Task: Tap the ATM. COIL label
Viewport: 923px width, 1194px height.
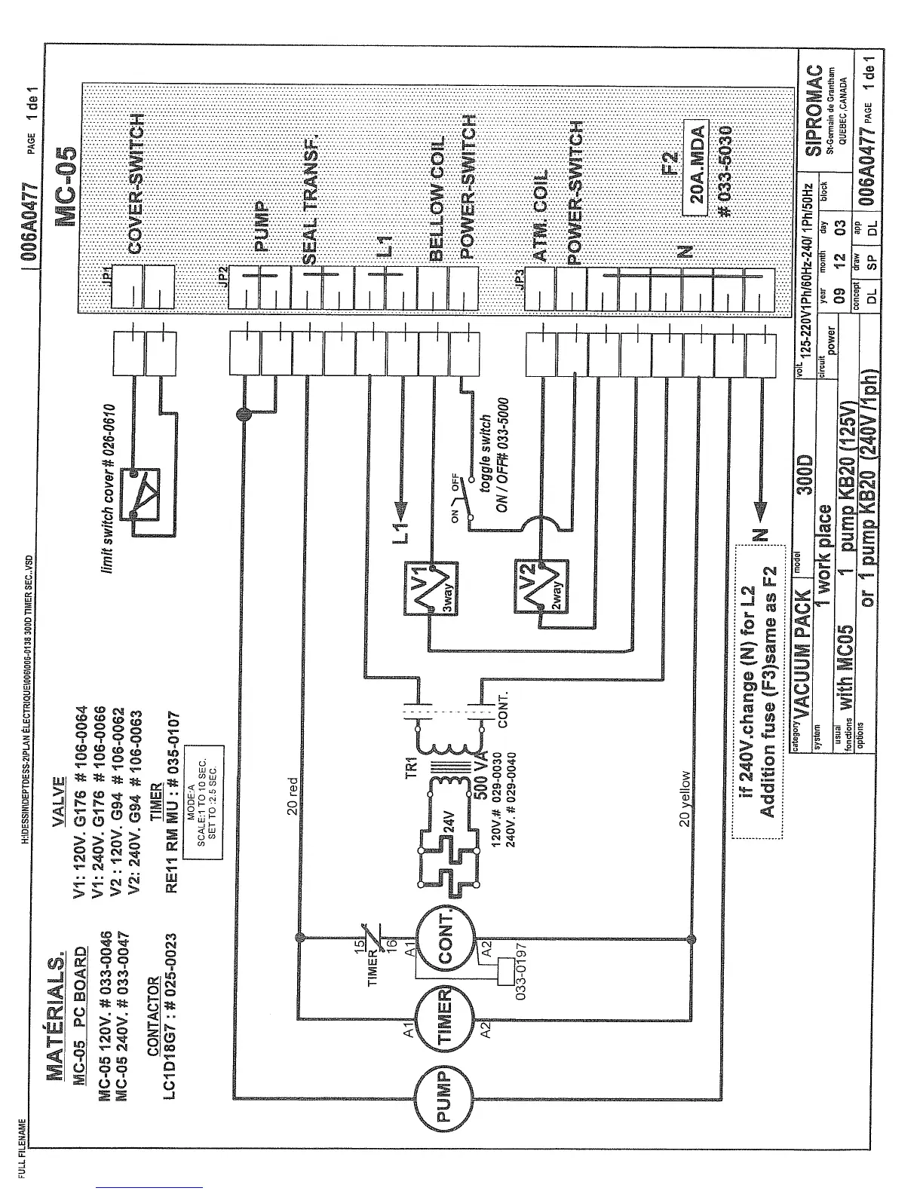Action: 541,215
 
